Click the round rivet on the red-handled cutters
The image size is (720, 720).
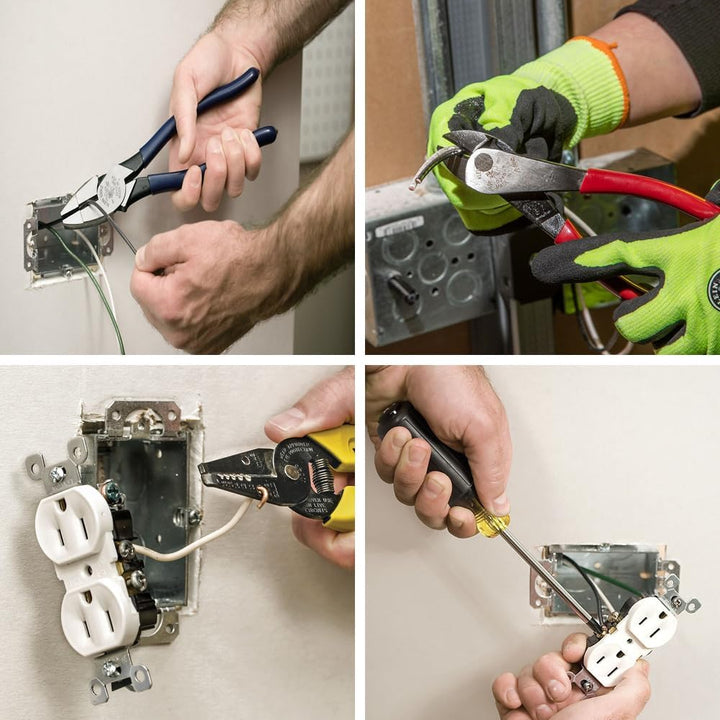484,161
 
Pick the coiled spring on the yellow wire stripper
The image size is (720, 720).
312,471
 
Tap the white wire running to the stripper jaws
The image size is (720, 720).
200,538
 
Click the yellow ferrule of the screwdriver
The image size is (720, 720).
491,521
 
